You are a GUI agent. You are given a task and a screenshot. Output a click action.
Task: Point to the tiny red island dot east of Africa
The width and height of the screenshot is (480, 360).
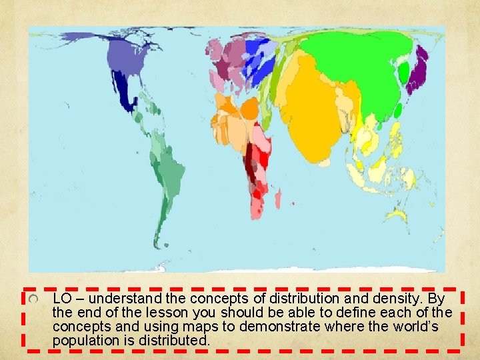[x=293, y=203]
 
